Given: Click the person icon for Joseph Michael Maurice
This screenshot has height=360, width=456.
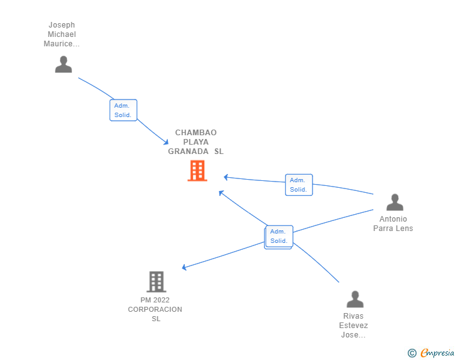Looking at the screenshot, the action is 63,64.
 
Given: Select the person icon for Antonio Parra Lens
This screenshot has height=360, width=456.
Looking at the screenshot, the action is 395,202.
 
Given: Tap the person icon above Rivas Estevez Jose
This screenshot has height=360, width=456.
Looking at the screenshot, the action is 355,299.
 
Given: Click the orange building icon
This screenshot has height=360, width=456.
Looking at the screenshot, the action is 197,171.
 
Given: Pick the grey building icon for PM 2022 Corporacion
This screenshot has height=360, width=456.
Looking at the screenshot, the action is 157,282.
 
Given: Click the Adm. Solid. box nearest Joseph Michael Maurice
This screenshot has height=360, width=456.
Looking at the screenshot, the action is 123,110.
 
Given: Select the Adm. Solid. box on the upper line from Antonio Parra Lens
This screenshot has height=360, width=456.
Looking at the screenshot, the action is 299,185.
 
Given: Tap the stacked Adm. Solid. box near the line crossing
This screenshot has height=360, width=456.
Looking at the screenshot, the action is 279,237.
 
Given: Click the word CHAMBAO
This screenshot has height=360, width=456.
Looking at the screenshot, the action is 195,133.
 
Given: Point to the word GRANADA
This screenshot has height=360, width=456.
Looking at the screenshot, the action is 188,152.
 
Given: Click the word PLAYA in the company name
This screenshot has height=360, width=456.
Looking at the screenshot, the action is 195,142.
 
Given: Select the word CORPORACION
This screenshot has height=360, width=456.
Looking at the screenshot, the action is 155,309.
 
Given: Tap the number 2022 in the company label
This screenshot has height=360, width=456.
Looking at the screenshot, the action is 162,300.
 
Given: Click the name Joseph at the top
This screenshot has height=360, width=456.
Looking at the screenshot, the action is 61,25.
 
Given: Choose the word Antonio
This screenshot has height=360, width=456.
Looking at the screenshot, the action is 393,219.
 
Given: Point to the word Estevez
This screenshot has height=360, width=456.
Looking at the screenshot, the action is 353,326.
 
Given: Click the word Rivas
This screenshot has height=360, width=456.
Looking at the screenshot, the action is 353,316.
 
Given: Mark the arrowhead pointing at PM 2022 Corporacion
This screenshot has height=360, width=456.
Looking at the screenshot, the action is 184,267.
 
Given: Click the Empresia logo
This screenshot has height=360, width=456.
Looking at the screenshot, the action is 437,352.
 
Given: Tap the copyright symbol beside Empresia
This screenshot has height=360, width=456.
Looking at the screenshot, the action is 412,353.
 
